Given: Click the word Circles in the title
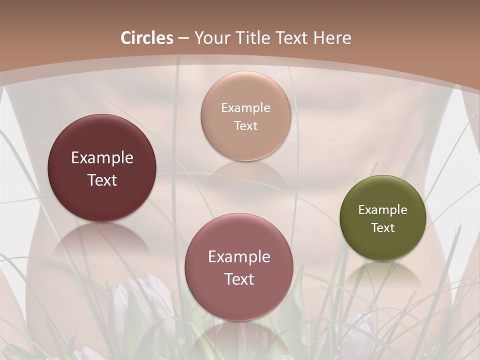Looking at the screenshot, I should pyautogui.click(x=147, y=38).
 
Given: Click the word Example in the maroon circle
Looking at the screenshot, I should pyautogui.click(x=102, y=158).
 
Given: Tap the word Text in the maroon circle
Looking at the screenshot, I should pyautogui.click(x=102, y=180).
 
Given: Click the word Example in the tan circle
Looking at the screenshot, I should pyautogui.click(x=245, y=107).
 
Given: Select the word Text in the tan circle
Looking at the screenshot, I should pyautogui.click(x=245, y=125).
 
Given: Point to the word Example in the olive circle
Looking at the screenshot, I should pyautogui.click(x=382, y=210).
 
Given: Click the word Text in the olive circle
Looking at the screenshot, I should pyautogui.click(x=382, y=228).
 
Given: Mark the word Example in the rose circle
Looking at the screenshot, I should pyautogui.click(x=239, y=257).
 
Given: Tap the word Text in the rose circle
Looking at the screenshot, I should pyautogui.click(x=239, y=279).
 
